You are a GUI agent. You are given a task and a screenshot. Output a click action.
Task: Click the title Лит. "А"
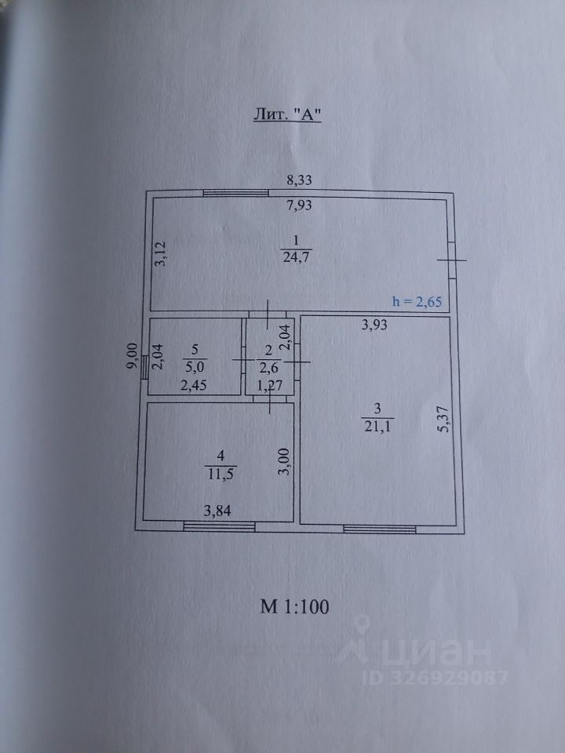(288, 113)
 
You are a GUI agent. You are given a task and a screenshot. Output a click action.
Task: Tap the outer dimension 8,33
(299, 180)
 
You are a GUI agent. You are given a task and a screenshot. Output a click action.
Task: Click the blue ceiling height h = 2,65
(421, 301)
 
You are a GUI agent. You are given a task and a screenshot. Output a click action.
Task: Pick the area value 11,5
(222, 474)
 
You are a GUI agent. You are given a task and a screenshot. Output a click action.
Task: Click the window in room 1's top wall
(236, 193)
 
